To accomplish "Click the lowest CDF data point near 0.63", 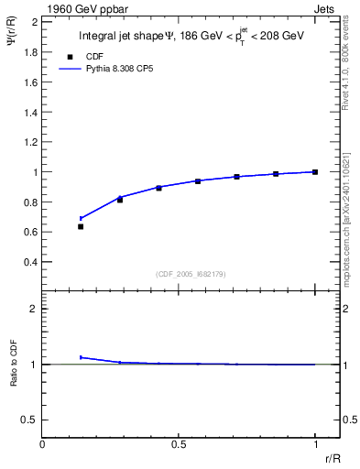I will (81, 226).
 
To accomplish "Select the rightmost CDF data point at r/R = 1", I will (315, 171).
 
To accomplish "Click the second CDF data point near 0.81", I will (120, 200).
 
